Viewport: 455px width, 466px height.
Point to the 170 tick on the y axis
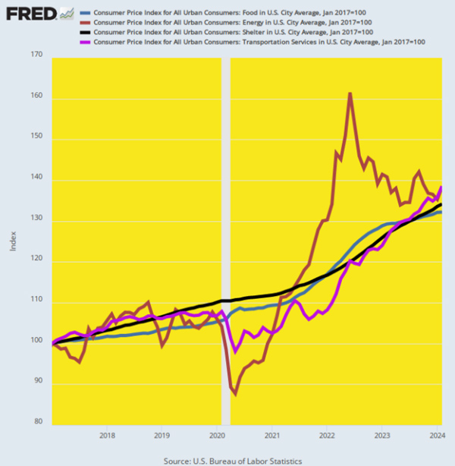coord(36,55)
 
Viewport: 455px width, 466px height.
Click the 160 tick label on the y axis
coord(36,98)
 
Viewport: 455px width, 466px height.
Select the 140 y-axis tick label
coord(36,180)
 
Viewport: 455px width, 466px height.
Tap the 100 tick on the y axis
coord(36,343)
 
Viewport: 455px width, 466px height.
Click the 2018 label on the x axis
coord(107,436)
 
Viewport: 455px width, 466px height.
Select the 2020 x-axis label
coord(216,436)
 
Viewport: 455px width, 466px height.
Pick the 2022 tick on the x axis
coord(326,436)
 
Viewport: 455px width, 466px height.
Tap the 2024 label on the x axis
coord(435,436)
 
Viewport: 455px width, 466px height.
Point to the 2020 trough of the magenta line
coord(235,351)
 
